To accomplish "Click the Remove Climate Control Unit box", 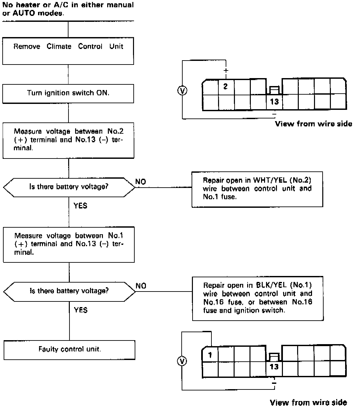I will (68, 51).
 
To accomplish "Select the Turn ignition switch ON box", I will (68, 93).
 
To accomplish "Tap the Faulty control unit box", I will (69, 350).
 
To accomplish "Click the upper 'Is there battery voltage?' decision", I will (69, 187).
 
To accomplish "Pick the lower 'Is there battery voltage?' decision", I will (69, 292).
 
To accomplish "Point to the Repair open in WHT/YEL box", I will (257, 189).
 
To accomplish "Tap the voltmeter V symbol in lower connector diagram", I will (182, 361).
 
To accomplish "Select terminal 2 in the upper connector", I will (226, 87).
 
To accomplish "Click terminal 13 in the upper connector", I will (274, 102).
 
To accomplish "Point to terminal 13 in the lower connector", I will (274, 367).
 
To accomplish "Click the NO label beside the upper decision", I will (141, 182).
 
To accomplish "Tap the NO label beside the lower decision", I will (141, 286).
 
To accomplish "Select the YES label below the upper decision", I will (80, 206).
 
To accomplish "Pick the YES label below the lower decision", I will (80, 310).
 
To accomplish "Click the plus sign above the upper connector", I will (226, 71).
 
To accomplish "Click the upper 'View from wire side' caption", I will (313, 124).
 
